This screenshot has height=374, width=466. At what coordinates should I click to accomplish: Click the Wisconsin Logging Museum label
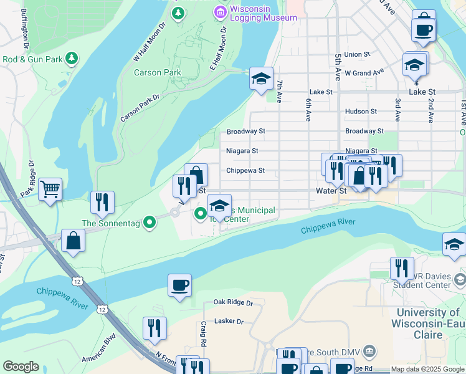[x=263, y=13]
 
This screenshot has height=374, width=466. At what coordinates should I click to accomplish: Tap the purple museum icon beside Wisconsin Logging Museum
[x=219, y=11]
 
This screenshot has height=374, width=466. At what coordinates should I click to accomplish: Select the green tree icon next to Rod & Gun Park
[x=73, y=59]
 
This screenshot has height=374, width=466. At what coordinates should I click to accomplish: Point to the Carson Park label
[x=157, y=72]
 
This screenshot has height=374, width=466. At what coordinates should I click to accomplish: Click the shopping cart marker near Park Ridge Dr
[x=50, y=188]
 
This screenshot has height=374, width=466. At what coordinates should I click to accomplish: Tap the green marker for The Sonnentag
[x=149, y=222]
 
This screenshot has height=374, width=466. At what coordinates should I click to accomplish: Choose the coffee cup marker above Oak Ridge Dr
[x=179, y=285]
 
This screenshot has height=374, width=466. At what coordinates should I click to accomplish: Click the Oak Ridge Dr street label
[x=233, y=303]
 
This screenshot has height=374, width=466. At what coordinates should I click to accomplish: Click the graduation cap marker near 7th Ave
[x=262, y=79]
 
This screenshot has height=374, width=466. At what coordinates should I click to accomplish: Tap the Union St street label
[x=357, y=54]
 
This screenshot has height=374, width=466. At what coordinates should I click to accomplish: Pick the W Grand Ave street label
[x=364, y=73]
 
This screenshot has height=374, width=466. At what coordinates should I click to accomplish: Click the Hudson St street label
[x=361, y=112]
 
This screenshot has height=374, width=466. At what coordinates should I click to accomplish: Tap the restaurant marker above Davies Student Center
[x=402, y=268]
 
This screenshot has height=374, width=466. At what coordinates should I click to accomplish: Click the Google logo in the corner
[x=21, y=367]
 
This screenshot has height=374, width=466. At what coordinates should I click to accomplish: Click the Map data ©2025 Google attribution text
[x=427, y=369]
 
